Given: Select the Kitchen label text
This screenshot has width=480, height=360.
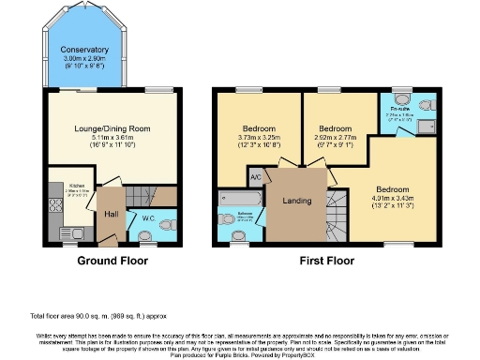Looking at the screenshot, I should tap(76, 186).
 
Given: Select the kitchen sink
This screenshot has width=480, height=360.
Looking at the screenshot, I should tap(68, 231).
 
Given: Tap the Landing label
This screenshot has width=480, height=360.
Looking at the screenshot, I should tap(296, 199).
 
